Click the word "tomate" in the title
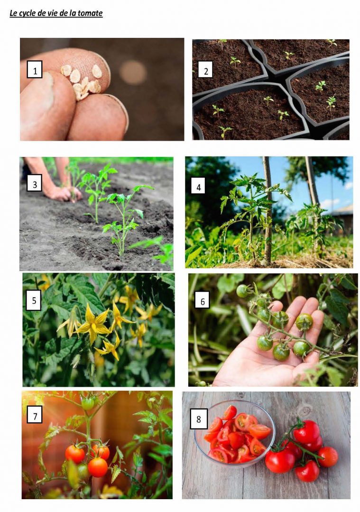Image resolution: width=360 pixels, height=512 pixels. tap(90, 13)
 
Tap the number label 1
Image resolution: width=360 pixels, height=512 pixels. tap(35, 70)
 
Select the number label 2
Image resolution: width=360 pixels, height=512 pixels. tap(206, 70)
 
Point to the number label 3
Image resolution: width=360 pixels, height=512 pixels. tap(35, 184)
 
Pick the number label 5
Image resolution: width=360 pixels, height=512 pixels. tap(34, 300)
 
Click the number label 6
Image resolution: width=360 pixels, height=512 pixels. tap(202, 301)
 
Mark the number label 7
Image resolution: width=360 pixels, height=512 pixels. tap(35, 416)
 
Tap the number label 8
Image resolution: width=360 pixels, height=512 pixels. tap(199, 419)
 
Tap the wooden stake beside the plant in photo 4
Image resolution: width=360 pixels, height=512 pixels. tap(267, 209)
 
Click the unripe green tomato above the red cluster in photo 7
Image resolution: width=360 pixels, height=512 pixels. tap(88, 403)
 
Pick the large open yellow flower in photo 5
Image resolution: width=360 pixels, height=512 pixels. tap(92, 323)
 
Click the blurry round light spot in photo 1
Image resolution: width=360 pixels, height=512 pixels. tap(133, 73)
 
